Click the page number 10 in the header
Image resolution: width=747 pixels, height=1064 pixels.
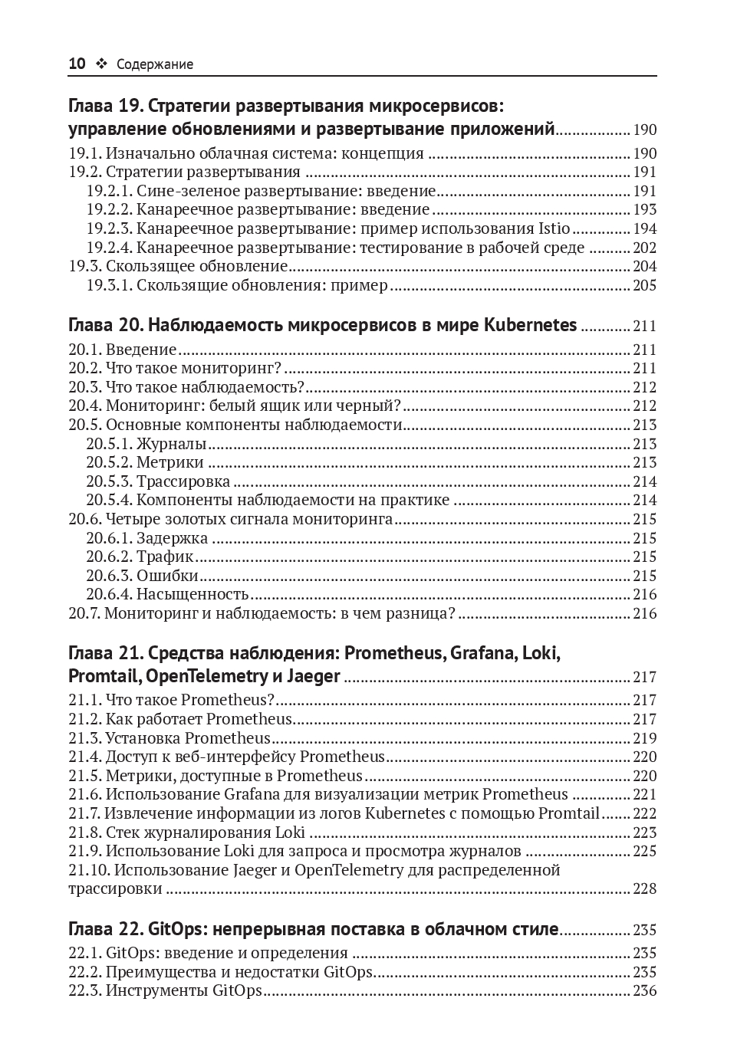click(77, 64)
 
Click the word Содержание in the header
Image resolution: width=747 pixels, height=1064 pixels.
click(155, 65)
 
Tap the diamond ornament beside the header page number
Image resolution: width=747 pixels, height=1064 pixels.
click(101, 64)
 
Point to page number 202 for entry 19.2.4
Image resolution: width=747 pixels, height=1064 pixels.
click(644, 248)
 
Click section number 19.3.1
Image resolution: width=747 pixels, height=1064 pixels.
click(109, 286)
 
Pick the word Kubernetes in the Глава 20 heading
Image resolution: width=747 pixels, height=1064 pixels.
click(530, 325)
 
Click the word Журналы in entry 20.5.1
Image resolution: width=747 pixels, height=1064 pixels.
click(171, 444)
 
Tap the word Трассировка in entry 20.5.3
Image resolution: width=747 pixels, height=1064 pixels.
click(183, 481)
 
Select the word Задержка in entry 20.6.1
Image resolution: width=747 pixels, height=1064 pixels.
click(172, 538)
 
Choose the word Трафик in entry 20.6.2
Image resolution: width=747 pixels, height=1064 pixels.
click(165, 557)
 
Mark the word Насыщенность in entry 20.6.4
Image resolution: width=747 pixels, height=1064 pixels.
click(193, 594)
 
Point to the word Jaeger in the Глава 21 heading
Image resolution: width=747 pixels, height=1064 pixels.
click(313, 677)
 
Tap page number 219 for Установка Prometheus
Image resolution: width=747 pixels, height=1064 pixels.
click(644, 738)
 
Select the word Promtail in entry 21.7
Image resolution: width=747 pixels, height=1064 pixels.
click(568, 813)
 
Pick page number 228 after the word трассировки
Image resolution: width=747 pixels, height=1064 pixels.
click(644, 889)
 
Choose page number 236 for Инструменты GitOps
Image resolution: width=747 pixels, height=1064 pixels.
click(644, 991)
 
